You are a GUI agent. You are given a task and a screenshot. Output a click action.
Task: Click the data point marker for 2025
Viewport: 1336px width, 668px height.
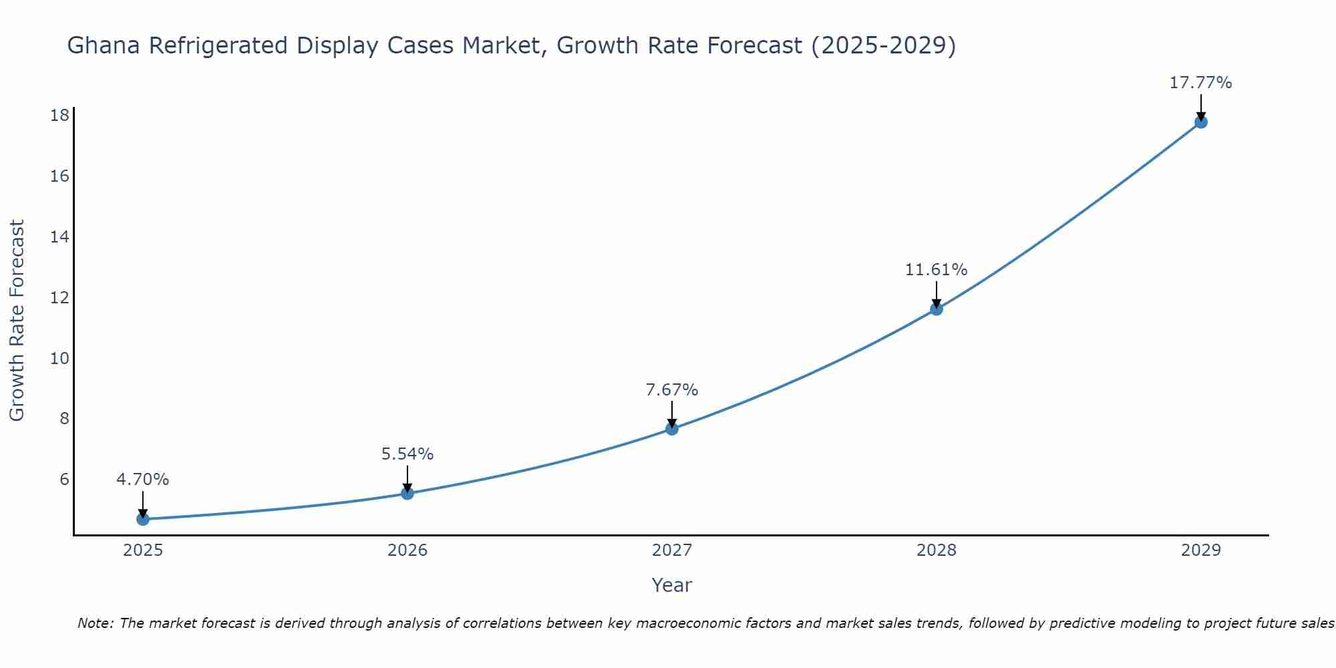(x=143, y=519)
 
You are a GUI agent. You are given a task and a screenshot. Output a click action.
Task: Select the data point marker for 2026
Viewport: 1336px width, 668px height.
(x=407, y=493)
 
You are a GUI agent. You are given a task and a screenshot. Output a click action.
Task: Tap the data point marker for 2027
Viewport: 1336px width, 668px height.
(x=672, y=429)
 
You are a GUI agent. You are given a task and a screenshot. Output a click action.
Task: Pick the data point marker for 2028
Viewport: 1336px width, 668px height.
(x=937, y=309)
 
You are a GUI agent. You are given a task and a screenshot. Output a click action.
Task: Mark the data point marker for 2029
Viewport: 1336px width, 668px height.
(x=1201, y=122)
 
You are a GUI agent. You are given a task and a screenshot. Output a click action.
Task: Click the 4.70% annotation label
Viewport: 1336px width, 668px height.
(x=143, y=480)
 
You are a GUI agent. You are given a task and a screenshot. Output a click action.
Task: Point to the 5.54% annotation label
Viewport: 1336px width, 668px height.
(x=407, y=454)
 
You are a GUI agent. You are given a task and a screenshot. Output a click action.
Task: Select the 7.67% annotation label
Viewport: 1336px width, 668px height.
(x=672, y=390)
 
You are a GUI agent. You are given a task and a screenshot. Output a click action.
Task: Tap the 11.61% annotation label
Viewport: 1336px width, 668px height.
(x=937, y=270)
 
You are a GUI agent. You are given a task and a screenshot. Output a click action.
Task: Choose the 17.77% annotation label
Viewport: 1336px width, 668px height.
(x=1201, y=83)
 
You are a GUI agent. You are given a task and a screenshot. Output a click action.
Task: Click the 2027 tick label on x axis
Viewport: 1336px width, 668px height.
(x=672, y=550)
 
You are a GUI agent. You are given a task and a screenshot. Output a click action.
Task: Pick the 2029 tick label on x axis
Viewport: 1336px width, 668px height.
(x=1201, y=550)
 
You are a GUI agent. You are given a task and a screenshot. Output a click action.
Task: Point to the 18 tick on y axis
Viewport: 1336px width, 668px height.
(x=59, y=116)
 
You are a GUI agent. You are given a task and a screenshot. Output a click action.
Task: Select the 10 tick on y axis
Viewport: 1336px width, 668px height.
(x=59, y=358)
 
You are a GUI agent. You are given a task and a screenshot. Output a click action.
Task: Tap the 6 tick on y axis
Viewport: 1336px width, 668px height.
(x=64, y=480)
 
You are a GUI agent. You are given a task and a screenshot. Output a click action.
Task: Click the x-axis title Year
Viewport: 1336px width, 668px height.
(x=672, y=585)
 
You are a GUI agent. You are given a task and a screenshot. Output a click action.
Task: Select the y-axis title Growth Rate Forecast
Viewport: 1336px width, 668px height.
(x=17, y=321)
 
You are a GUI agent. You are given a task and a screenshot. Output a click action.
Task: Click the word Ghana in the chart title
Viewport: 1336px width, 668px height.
(x=104, y=46)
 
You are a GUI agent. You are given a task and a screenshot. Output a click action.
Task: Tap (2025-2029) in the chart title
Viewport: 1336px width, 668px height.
(x=883, y=46)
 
